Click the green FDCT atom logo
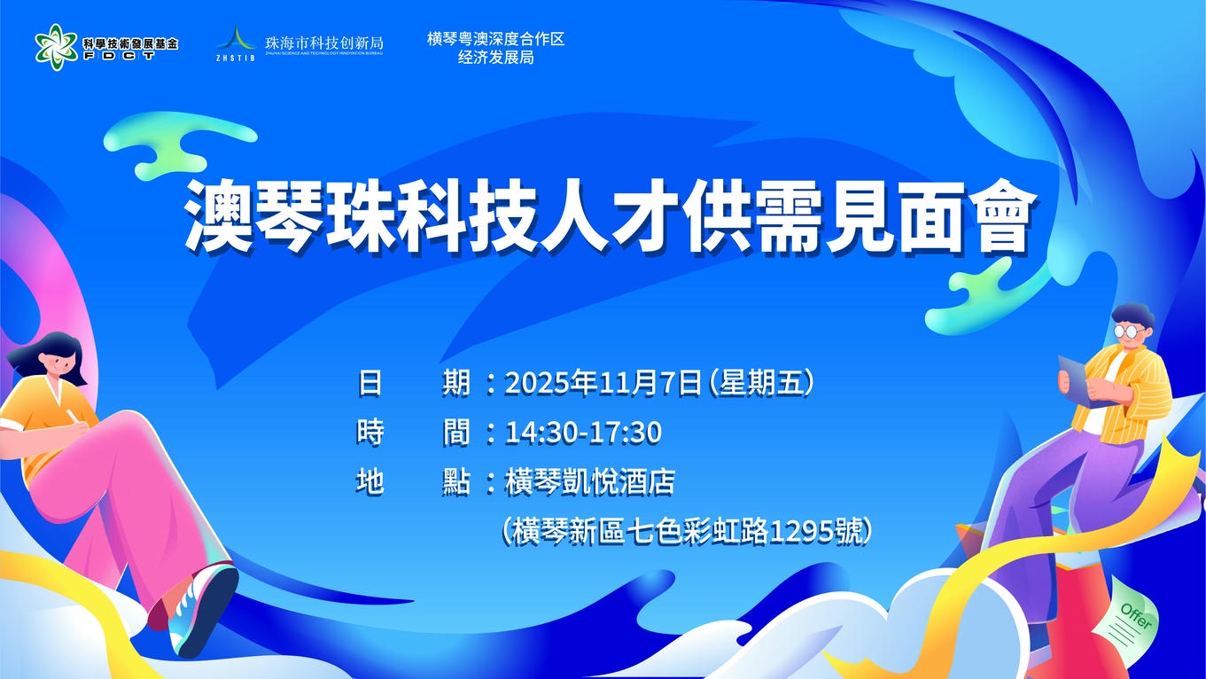[56, 46]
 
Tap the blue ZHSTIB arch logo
[235, 42]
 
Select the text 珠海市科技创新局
[323, 42]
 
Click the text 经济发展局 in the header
[495, 59]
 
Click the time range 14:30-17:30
[583, 433]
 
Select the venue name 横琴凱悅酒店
[589, 482]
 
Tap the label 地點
[413, 482]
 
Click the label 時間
[413, 433]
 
